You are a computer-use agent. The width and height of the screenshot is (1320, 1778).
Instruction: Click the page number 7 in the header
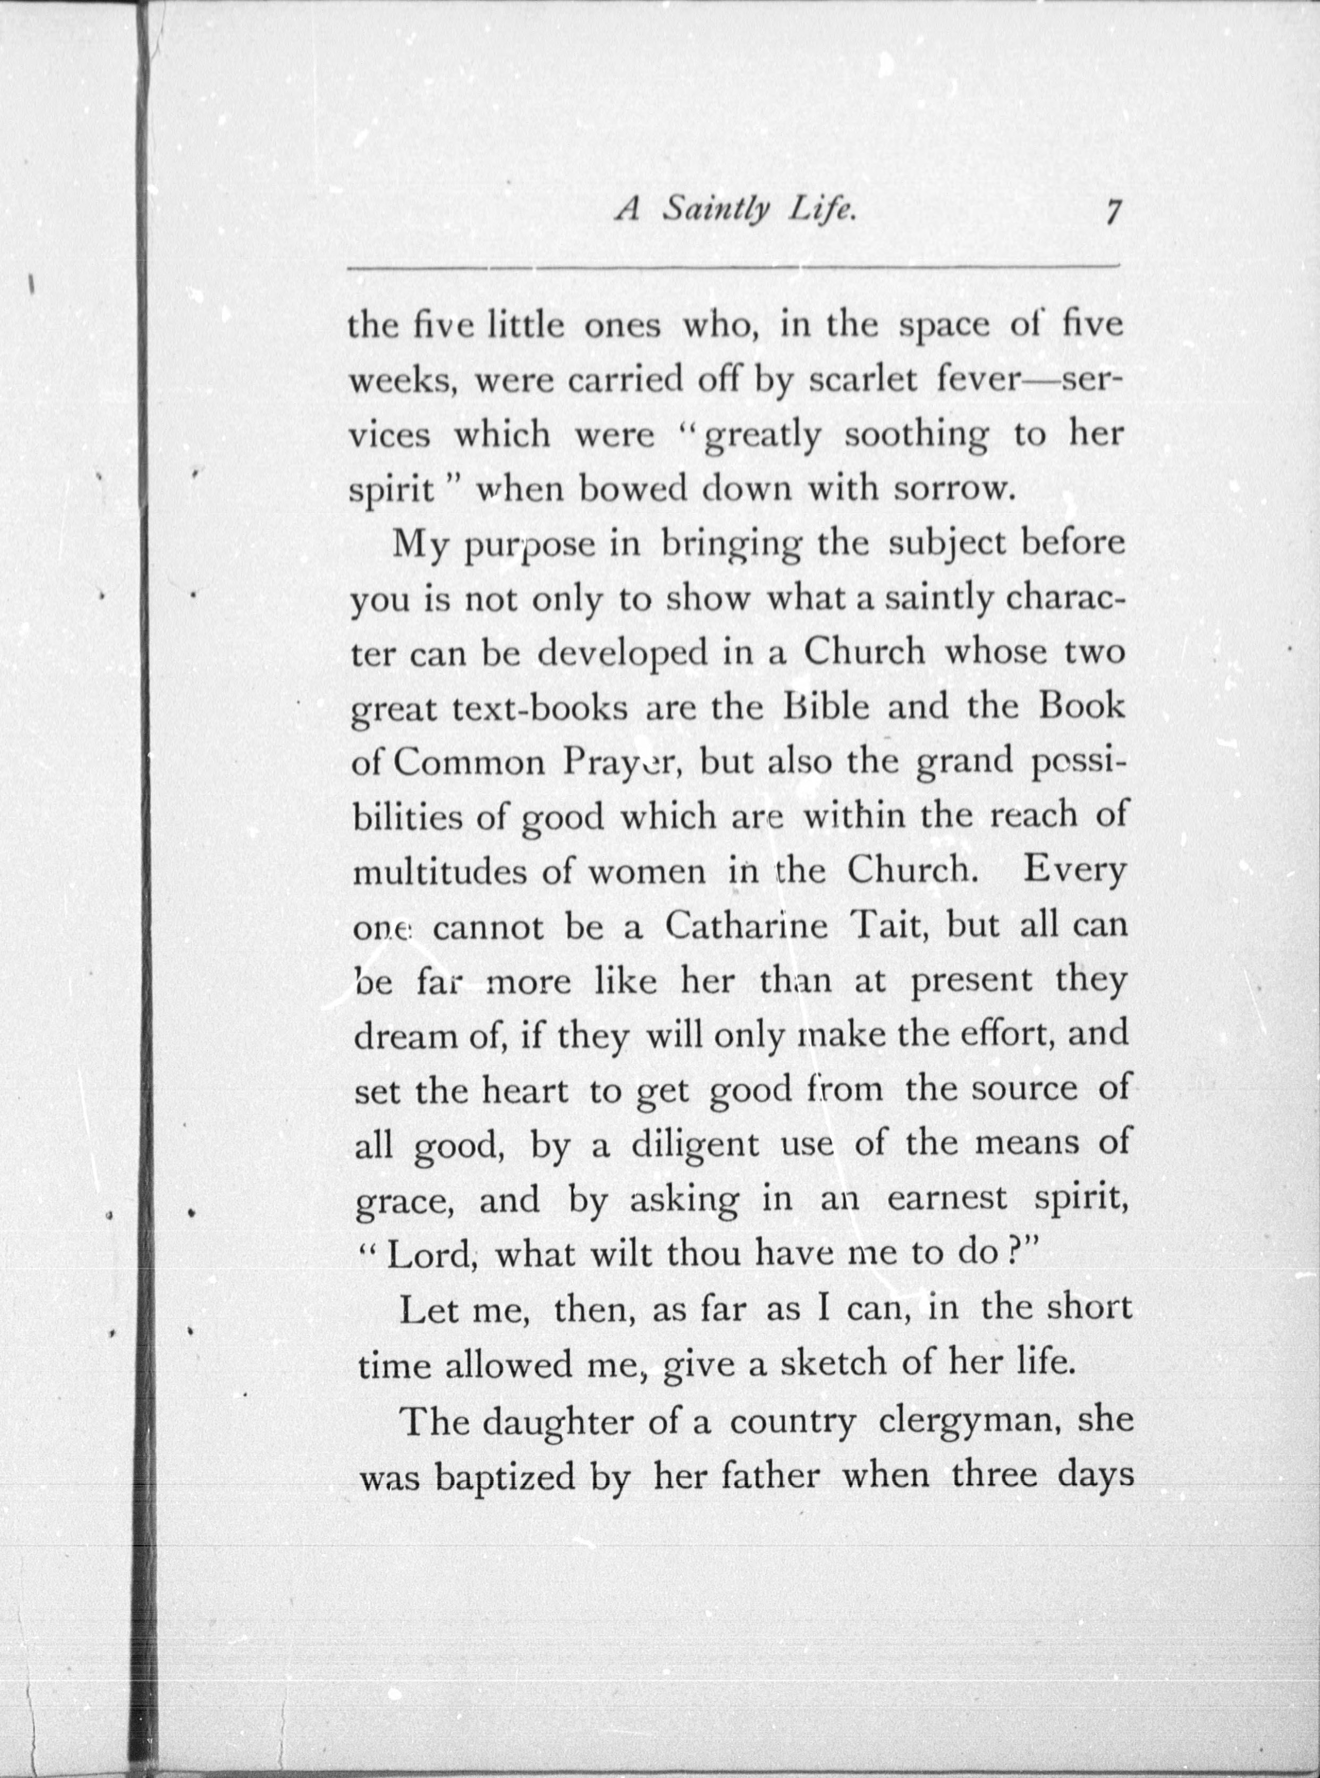click(x=1112, y=214)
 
